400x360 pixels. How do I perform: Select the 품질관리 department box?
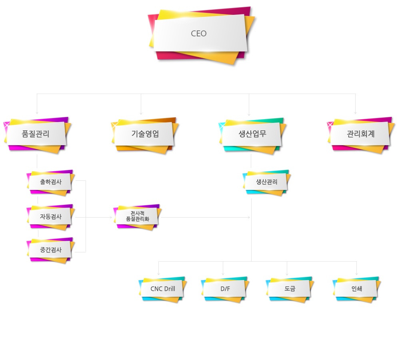(37, 134)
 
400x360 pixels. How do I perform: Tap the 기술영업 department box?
(145, 135)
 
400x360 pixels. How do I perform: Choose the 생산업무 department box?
(252, 135)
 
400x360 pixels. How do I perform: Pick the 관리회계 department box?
(361, 134)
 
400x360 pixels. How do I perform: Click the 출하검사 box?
(50, 182)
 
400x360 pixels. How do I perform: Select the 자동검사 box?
(50, 217)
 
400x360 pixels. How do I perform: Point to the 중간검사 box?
(50, 250)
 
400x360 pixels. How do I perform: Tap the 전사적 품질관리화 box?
(137, 217)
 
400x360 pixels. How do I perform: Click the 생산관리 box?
(266, 182)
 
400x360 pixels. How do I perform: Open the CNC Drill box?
(162, 289)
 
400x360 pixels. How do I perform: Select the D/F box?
(225, 289)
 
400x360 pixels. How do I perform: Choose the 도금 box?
(290, 289)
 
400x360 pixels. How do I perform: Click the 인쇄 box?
(357, 289)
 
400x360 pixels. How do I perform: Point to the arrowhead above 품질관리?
(37, 112)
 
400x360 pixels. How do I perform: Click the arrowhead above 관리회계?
(355, 112)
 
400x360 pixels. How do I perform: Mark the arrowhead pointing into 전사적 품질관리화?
(110, 217)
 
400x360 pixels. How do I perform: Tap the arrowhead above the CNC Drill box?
(158, 274)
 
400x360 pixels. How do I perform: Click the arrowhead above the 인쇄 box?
(356, 274)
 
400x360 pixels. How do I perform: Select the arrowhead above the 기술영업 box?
(141, 113)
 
